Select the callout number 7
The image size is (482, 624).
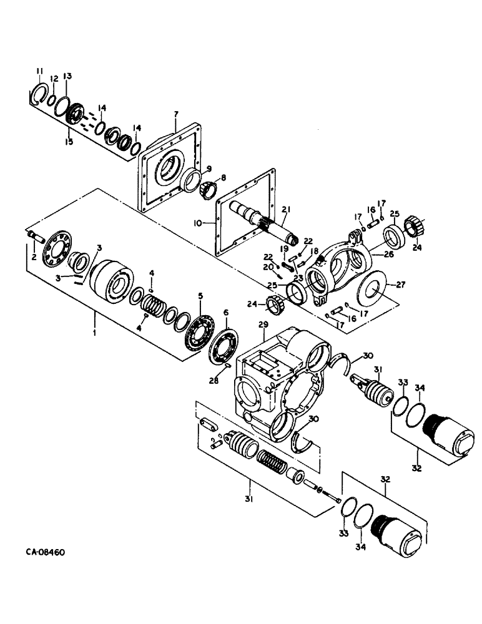[x=177, y=115]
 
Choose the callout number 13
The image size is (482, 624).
[x=67, y=76]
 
